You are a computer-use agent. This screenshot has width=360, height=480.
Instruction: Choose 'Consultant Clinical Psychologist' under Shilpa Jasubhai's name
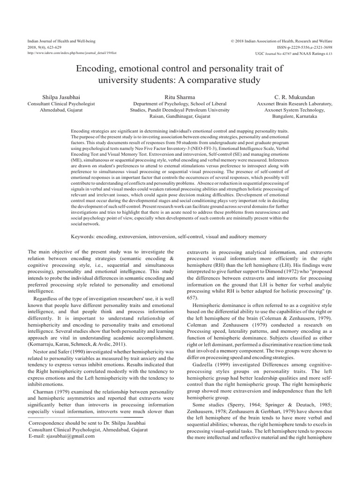(61, 103)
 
